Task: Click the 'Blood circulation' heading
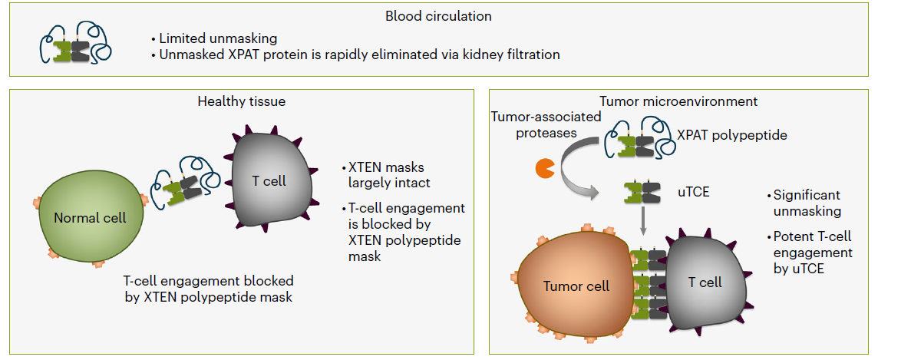coord(438,15)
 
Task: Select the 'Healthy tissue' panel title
coord(241,101)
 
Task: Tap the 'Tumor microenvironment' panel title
coord(678,101)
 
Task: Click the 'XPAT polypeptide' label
coord(731,135)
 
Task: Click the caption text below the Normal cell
coord(208,289)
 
